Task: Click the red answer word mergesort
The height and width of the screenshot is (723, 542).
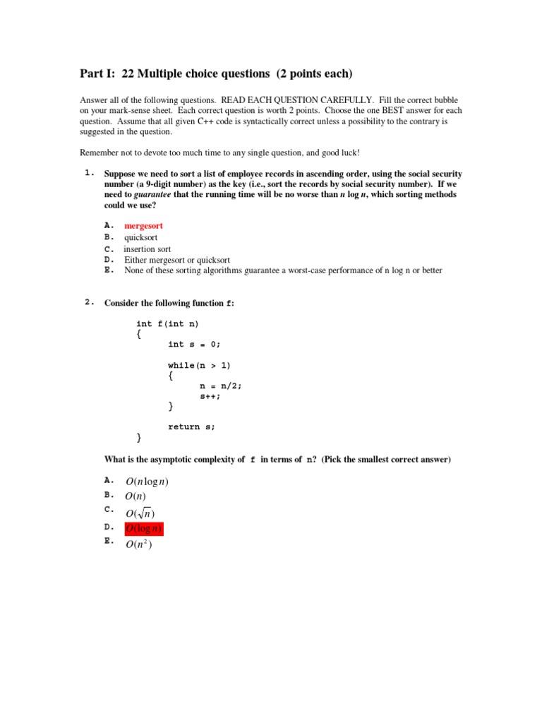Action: point(143,226)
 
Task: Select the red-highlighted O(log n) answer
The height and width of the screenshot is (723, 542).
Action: point(144,529)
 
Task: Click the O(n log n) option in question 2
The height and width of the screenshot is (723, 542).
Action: point(147,482)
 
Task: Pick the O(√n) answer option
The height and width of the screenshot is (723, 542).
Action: point(140,513)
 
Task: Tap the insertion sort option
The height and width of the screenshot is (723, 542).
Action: point(147,249)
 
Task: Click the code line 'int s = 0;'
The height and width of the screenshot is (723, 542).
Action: point(194,345)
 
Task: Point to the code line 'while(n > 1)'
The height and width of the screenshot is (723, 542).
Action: point(199,365)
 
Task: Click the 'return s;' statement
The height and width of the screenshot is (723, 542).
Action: point(191,426)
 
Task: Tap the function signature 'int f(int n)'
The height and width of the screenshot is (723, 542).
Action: point(167,323)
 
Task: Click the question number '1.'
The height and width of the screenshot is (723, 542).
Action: point(89,173)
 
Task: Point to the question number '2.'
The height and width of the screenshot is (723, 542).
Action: point(89,303)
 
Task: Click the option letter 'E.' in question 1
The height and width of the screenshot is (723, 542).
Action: point(109,270)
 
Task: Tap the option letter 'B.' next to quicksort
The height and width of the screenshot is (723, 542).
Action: point(109,238)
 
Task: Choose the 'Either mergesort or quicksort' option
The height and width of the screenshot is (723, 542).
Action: point(177,260)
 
